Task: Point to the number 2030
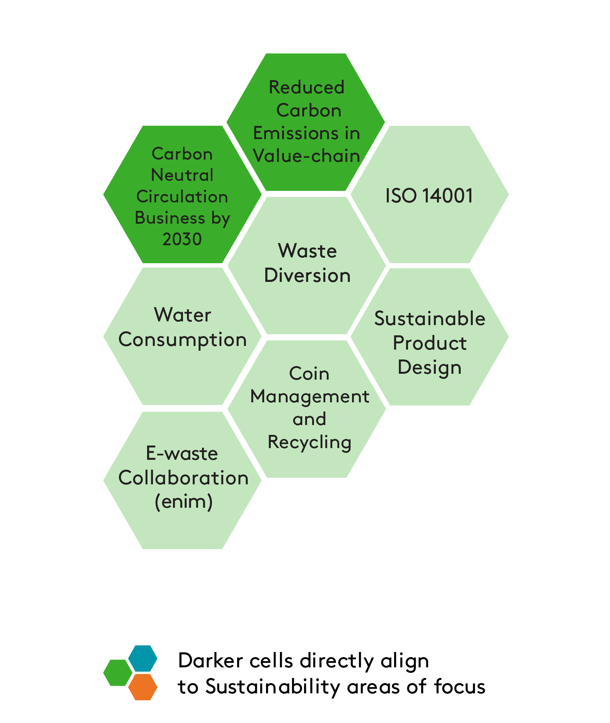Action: (182, 239)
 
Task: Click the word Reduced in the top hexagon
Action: (307, 87)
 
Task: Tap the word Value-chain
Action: (307, 156)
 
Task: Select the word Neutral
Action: (182, 175)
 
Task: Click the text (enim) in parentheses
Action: (184, 502)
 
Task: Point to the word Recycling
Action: (309, 442)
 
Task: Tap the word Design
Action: (430, 368)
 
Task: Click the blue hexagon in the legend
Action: (143, 659)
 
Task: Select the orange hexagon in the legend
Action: (143, 687)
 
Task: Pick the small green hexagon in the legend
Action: (117, 673)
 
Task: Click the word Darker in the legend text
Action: (210, 661)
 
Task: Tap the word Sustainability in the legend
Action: (273, 687)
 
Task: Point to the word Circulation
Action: (182, 197)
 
